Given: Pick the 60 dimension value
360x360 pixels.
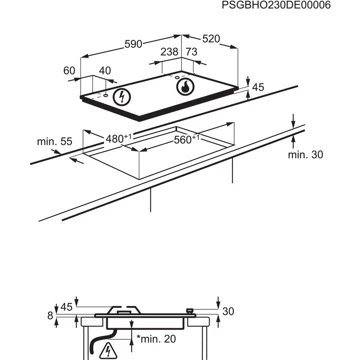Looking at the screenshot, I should click(68, 71).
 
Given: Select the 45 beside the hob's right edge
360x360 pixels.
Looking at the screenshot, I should click(257, 88).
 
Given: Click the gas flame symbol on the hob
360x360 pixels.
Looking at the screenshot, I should click(184, 87).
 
